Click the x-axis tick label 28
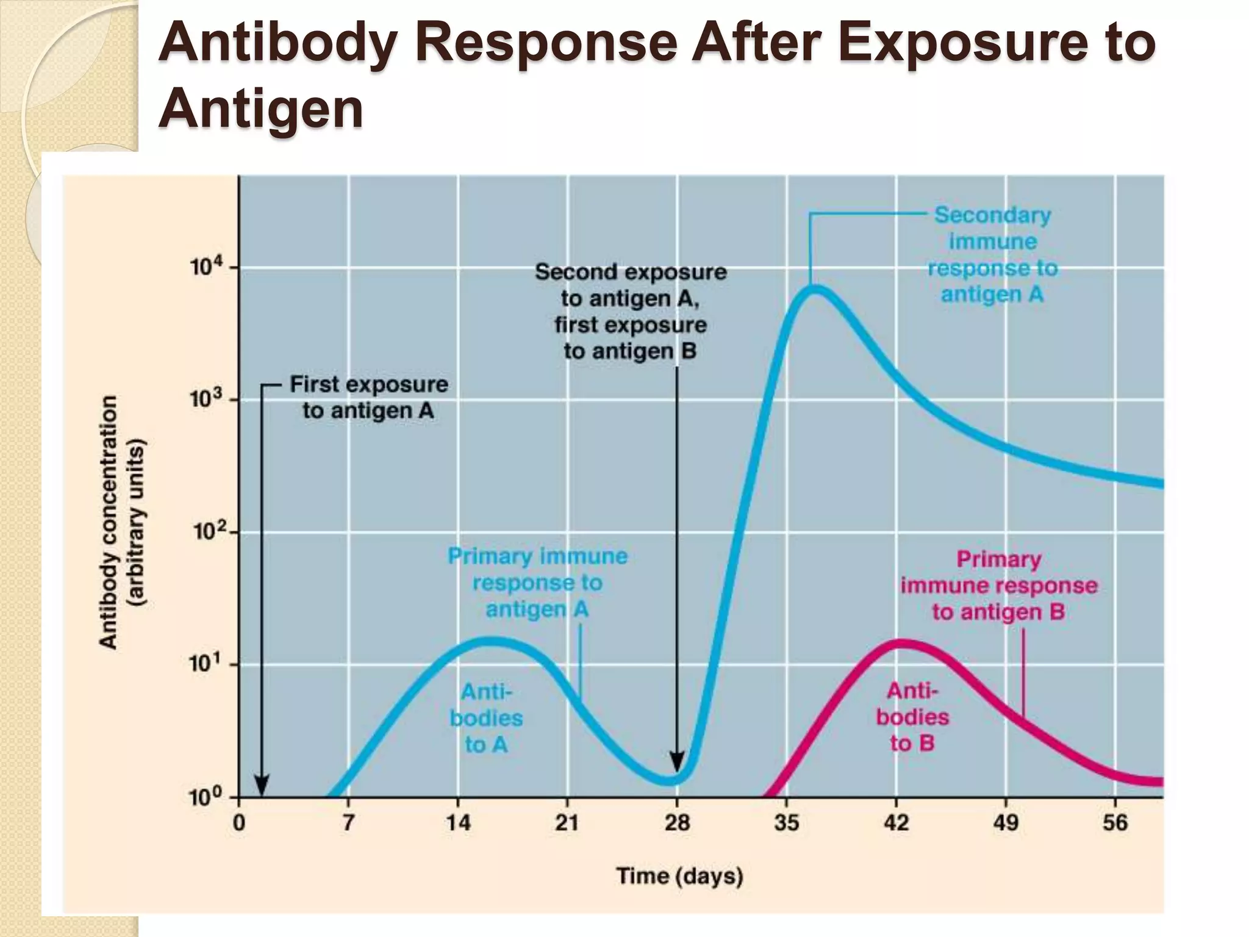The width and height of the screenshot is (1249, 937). click(x=677, y=824)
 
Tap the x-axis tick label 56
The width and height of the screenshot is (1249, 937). click(x=1115, y=824)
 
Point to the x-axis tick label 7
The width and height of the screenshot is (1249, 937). click(x=348, y=824)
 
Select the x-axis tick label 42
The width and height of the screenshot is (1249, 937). click(x=896, y=824)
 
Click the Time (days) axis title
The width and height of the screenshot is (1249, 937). click(x=680, y=876)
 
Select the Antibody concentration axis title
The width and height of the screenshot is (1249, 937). click(x=121, y=522)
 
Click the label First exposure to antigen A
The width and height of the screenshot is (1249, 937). click(x=368, y=398)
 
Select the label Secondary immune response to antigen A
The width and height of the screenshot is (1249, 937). click(x=993, y=255)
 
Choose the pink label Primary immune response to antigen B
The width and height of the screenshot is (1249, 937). click(x=999, y=586)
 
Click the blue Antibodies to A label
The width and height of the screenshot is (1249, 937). click(x=486, y=718)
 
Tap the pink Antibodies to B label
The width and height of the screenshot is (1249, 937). click(x=912, y=717)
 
